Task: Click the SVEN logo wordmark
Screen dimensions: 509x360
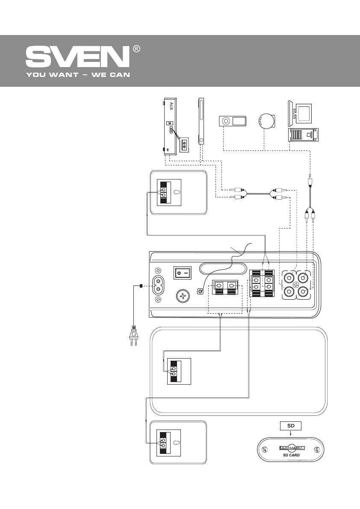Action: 77,56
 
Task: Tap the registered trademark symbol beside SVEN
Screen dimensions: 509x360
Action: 136,49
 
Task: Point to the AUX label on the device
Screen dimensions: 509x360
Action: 171,106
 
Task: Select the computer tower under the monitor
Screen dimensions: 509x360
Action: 303,135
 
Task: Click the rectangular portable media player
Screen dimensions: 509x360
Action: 233,121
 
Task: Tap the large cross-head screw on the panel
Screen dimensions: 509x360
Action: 183,296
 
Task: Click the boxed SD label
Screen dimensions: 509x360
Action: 291,426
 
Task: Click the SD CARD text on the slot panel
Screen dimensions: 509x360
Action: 291,456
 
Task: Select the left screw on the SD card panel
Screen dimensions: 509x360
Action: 265,449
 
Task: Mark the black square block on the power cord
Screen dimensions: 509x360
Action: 141,285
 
